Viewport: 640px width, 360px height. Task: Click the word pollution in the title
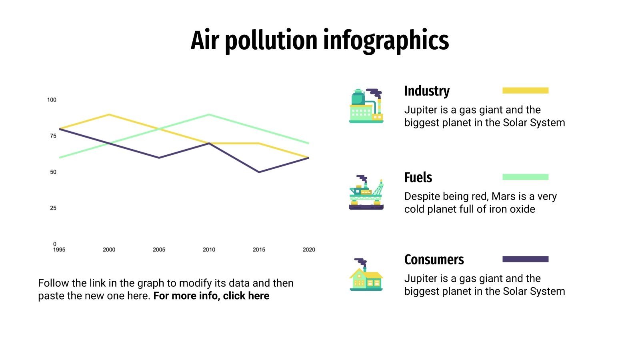[x=271, y=40]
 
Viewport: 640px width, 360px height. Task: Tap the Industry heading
[x=427, y=91]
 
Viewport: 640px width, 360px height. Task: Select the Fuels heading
[x=418, y=177]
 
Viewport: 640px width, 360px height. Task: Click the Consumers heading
[x=434, y=260]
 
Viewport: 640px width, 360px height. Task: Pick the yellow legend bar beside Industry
[x=525, y=91]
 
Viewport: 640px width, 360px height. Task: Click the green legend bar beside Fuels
[x=525, y=177]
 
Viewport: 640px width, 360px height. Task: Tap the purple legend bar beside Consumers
[x=525, y=259]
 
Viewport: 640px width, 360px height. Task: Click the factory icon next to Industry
[x=366, y=106]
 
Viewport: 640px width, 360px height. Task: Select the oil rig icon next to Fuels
[x=366, y=192]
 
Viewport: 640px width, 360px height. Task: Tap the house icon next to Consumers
[x=366, y=275]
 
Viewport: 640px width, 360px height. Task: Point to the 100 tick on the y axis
[x=52, y=100]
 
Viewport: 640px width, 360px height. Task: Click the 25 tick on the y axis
[x=53, y=208]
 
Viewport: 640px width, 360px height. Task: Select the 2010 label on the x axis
[x=209, y=250]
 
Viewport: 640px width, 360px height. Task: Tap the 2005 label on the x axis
[x=159, y=250]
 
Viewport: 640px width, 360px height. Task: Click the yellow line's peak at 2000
[x=109, y=115]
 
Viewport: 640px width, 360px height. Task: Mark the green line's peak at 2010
[x=209, y=115]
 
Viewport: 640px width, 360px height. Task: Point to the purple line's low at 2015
[x=259, y=172]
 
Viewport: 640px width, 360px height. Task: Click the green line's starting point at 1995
[x=60, y=158]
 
